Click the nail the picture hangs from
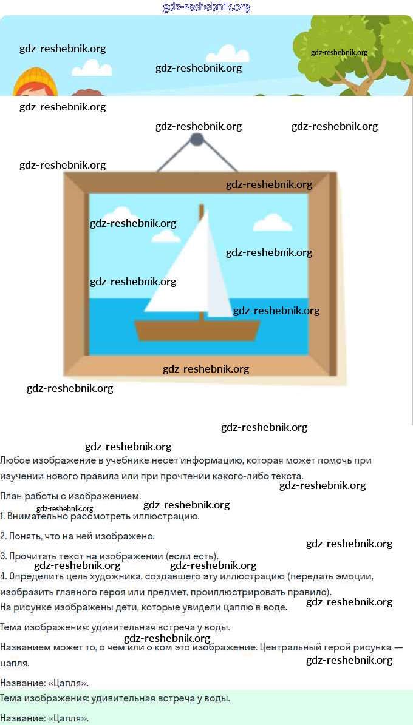(x=197, y=140)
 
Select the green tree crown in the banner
(x=352, y=46)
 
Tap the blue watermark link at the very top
(x=206, y=7)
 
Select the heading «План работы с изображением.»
(x=70, y=496)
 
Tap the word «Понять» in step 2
(x=26, y=536)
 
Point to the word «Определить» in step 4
(x=35, y=576)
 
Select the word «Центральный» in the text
(x=288, y=647)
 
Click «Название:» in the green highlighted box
(x=22, y=718)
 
